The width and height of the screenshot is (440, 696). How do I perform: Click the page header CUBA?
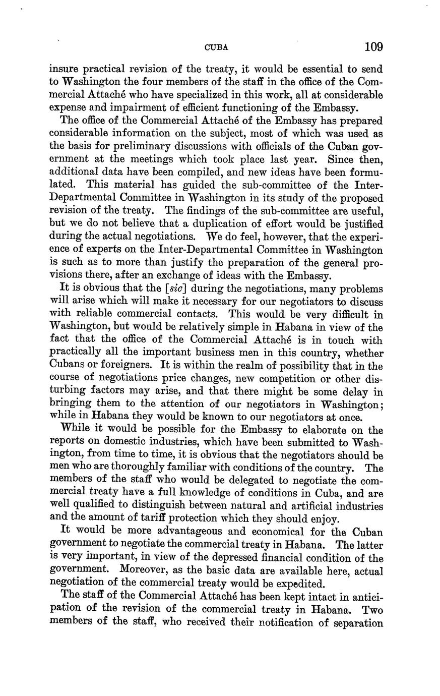pos(216,48)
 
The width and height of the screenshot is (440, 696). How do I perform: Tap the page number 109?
pos(373,47)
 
